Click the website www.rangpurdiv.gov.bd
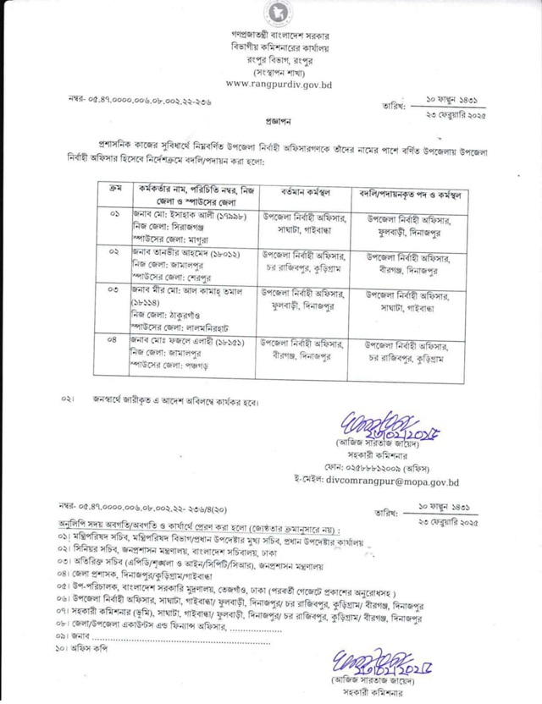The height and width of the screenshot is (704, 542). coord(279,85)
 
